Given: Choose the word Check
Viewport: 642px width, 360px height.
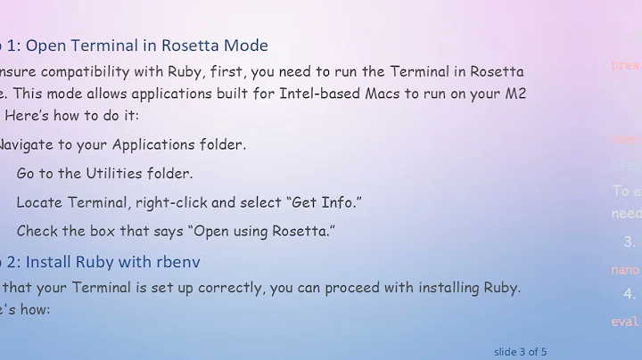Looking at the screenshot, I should tap(37, 231).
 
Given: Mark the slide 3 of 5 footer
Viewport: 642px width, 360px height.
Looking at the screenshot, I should tap(520, 351).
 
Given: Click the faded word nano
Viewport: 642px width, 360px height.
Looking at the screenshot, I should tap(624, 270).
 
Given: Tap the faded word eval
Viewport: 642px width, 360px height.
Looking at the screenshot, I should tap(624, 322).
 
